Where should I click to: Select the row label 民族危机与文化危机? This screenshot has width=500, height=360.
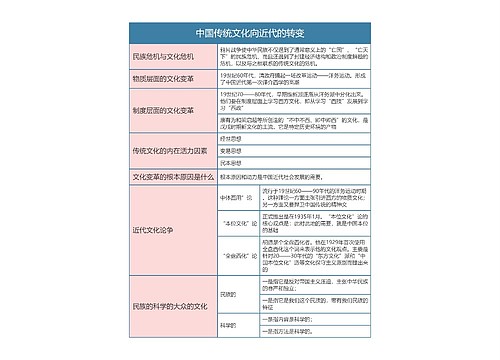click(x=158, y=55)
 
